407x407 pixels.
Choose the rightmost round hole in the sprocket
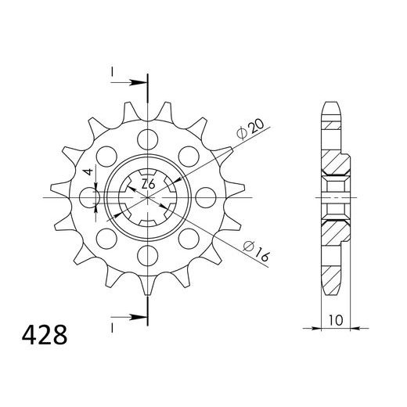pos(202,197)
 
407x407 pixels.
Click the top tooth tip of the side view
pos(332,106)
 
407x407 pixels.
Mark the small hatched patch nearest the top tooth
pos(332,123)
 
